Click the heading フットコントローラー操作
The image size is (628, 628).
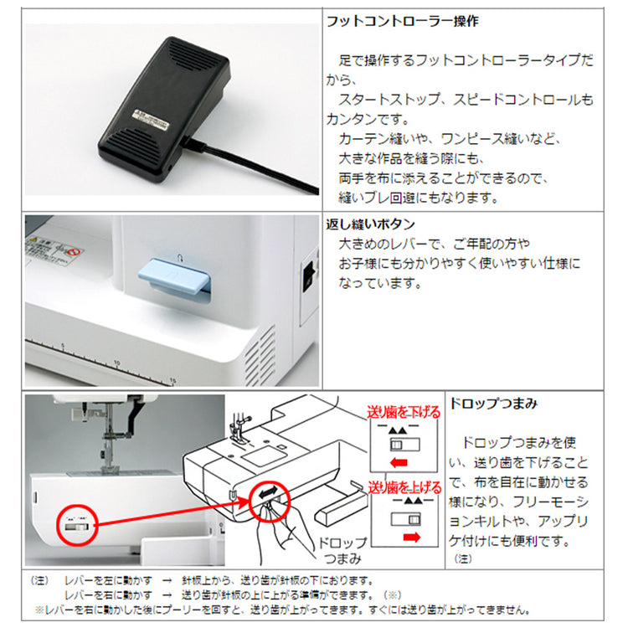tap(403, 21)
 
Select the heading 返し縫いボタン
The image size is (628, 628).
tap(370, 224)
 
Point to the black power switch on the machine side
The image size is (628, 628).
tap(309, 276)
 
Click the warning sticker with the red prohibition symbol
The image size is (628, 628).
tap(54, 251)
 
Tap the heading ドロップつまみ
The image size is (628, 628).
tap(493, 404)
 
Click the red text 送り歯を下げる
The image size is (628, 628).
tap(404, 412)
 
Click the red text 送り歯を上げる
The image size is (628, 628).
tap(404, 487)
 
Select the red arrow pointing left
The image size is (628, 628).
tap(399, 463)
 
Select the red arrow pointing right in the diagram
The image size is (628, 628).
tap(412, 537)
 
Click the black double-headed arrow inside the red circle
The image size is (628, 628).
tap(268, 492)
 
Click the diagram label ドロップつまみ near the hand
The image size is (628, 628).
tap(342, 550)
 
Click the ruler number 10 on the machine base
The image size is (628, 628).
tap(116, 363)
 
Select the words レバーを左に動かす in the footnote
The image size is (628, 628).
tap(108, 580)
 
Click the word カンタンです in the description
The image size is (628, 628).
tap(368, 120)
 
